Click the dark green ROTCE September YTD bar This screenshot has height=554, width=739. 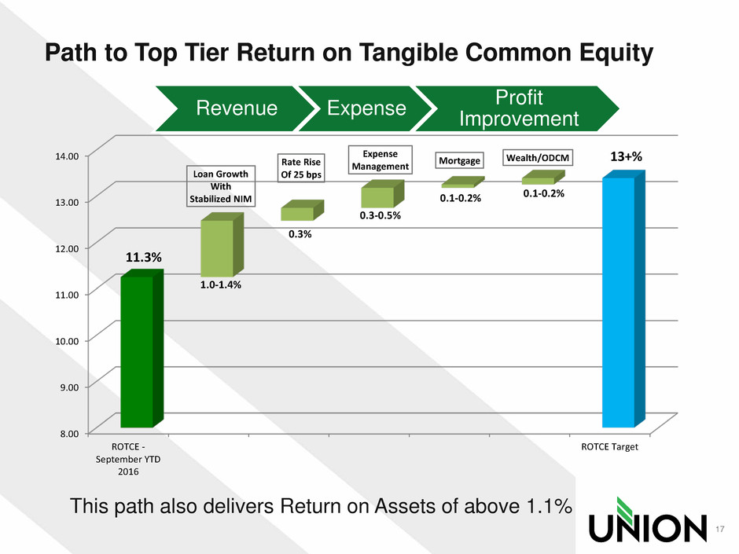point(142,349)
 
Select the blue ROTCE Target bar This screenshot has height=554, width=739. point(623,299)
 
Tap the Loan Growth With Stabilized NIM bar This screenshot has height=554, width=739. point(222,245)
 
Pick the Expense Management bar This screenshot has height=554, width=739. point(382,193)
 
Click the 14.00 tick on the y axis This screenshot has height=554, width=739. point(67,156)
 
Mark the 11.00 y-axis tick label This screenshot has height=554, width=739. point(67,295)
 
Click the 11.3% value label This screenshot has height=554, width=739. point(143,257)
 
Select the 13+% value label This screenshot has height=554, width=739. point(626,156)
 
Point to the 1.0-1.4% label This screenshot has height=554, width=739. point(221,284)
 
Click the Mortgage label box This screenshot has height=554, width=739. point(460,160)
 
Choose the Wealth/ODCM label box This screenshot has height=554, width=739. point(538,158)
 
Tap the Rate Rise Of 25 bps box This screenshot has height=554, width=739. point(300,168)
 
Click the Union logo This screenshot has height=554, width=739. point(648,519)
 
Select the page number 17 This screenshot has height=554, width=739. point(719,529)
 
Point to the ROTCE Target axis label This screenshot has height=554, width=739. point(609,446)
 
